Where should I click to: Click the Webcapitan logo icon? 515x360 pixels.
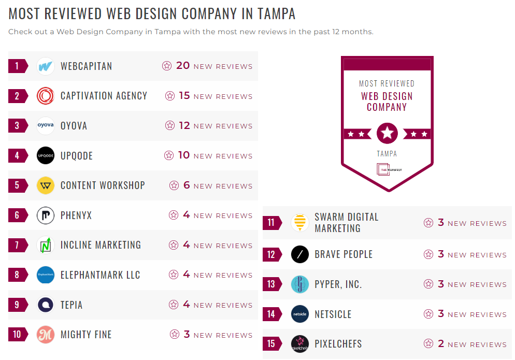pos(46,66)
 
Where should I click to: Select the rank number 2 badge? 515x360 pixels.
pos(17,96)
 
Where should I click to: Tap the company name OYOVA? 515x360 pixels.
pos(74,126)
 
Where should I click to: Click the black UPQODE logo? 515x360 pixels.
pos(46,155)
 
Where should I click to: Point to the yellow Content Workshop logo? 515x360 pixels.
pos(46,185)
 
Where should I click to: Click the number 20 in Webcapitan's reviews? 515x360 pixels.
pos(183,66)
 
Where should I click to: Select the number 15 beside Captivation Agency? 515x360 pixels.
pos(184,96)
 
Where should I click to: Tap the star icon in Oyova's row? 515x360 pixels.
pos(170,125)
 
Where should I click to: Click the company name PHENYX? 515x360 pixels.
pos(76,215)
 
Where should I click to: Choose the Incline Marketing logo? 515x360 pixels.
pos(46,245)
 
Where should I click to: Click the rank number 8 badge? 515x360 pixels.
pos(17,275)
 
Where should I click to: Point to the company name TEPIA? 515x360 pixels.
pos(71,305)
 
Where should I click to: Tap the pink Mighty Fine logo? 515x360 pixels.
pos(46,335)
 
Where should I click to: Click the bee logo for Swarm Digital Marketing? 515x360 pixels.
pos(300,223)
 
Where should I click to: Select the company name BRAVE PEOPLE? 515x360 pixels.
pos(344,255)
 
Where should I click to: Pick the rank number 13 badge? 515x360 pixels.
pos(271,284)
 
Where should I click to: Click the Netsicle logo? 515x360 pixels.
pos(300,314)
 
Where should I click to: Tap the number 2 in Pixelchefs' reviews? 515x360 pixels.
pos(441,343)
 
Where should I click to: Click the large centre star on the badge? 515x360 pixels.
pos(387,134)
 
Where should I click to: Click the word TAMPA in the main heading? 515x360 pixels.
pos(270,13)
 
